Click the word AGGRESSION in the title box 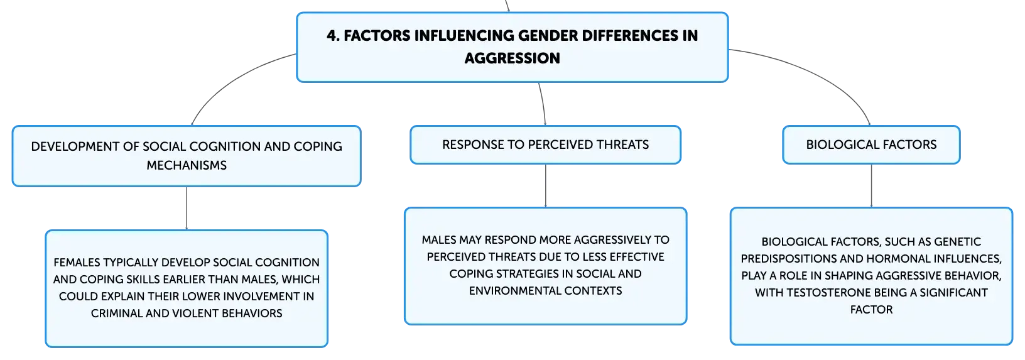(x=512, y=58)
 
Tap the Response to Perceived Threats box (x=545, y=145)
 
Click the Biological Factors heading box (x=871, y=145)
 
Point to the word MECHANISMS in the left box (x=187, y=165)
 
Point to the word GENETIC (x=958, y=242)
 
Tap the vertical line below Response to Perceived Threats (x=545, y=185)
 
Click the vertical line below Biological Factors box (x=871, y=185)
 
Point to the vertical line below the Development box (x=187, y=208)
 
